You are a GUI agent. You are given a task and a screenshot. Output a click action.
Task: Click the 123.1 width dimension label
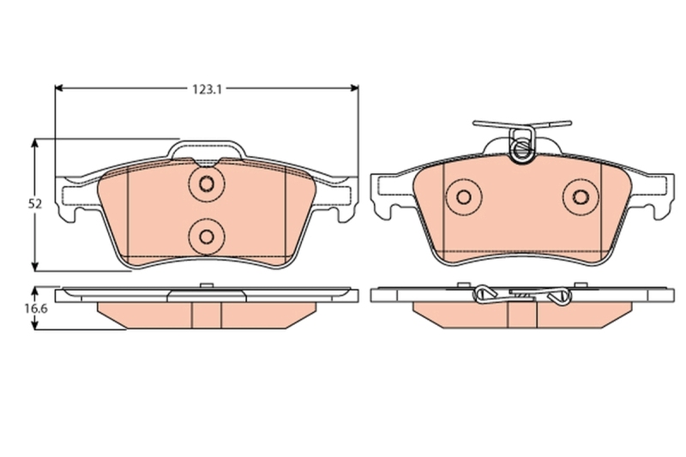pyautogui.click(x=207, y=87)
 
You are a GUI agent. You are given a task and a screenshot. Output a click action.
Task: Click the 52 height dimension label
pyautogui.click(x=34, y=204)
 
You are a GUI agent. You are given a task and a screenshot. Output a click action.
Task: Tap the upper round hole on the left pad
pyautogui.click(x=206, y=183)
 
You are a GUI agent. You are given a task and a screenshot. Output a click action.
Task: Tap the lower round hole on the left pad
pyautogui.click(x=206, y=233)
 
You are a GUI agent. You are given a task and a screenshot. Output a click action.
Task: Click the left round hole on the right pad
pyautogui.click(x=464, y=195)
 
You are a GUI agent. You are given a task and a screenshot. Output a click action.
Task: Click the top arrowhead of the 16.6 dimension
pyautogui.click(x=34, y=291)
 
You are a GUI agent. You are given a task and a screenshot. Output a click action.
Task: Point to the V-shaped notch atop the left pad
pyautogui.click(x=206, y=161)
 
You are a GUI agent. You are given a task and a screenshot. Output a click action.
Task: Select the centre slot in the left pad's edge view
pyautogui.click(x=206, y=315)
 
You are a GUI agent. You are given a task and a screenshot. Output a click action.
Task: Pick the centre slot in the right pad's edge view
pyautogui.click(x=521, y=316)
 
